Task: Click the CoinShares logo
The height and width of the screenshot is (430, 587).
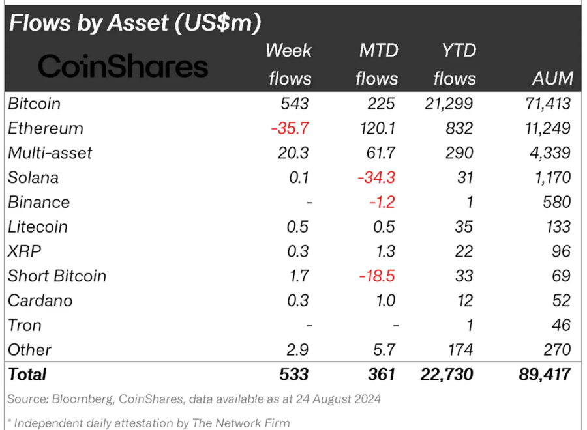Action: coord(123,66)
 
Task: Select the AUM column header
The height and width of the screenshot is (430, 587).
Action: coord(552,79)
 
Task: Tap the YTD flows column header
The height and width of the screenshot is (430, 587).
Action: coord(455,64)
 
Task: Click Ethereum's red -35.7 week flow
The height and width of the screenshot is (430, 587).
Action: coord(290,128)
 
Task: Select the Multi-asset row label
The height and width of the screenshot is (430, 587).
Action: coord(50,153)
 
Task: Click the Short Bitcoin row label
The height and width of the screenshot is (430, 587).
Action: coord(57,276)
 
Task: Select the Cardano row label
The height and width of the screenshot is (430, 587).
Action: coord(40,301)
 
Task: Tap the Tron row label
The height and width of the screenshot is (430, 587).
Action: coord(25,325)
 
